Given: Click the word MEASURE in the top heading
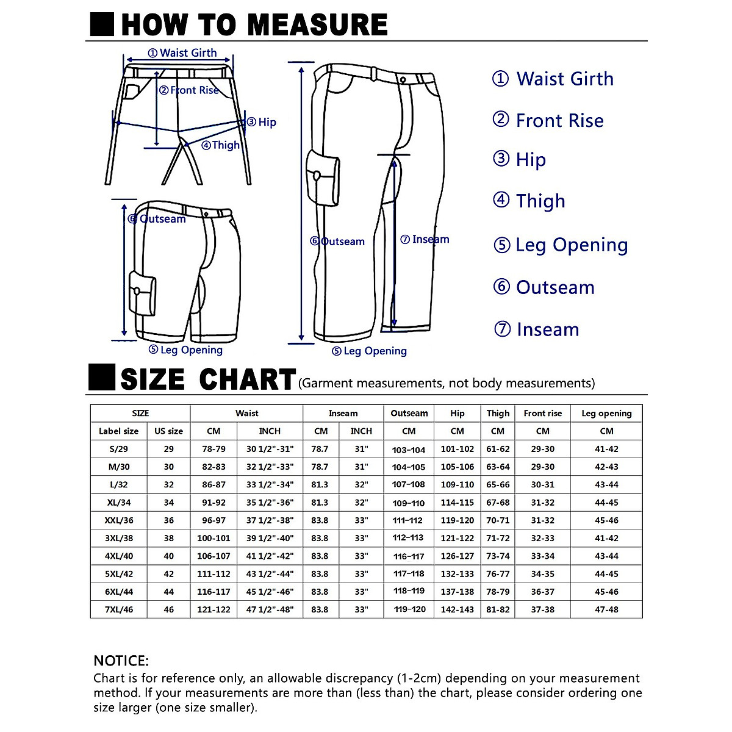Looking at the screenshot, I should coord(317,24).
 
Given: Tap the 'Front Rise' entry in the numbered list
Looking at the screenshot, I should coord(559,121).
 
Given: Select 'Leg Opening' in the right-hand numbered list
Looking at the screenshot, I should coord(572,245).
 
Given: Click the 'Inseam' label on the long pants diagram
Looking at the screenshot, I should coord(430,239).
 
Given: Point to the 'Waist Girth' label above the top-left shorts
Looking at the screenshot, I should coord(188,53).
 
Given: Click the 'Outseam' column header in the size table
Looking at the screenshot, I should coord(409,413).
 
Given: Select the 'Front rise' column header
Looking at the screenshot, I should coord(542,413).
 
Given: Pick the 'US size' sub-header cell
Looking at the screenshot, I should coord(168,431).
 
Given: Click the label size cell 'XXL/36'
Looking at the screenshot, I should coord(119,520).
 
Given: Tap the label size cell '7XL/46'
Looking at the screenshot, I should coord(119,609).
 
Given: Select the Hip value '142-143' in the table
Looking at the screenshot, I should coord(457,609).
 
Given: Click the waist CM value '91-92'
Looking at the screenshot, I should coord(213,503).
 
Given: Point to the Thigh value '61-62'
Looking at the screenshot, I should coord(498,449).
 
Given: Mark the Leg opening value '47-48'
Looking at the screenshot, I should coord(606,609).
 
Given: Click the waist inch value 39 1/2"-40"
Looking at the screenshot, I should coord(270,538).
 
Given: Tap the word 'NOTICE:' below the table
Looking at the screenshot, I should coord(121,661).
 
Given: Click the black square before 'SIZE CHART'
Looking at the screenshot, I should coord(101,378).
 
